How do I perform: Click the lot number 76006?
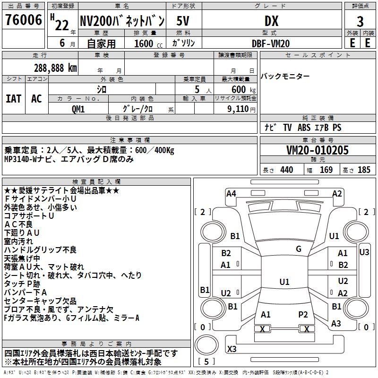pos(24,20)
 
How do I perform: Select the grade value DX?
pos(271,21)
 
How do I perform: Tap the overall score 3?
pos(360,22)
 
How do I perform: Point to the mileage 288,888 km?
pos(55,68)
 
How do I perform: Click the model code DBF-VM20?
pos(271,43)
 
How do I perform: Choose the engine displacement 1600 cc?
pos(148,43)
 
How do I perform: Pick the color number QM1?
pos(78,109)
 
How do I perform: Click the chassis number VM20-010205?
pos(318,150)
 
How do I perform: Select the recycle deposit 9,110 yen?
pos(241,109)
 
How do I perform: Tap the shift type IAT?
pos(13,99)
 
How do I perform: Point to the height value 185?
pos(364,170)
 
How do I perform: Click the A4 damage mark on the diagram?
pos(231,194)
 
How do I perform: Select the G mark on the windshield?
pos(299,249)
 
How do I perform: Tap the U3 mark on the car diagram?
pos(364,252)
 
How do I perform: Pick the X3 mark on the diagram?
pos(232,349)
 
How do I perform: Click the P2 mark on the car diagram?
pos(303,315)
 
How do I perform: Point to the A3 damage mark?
pos(336,324)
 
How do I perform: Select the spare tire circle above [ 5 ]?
pos(206,345)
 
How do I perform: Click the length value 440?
pos(287,170)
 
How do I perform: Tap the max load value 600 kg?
pos(243,89)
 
